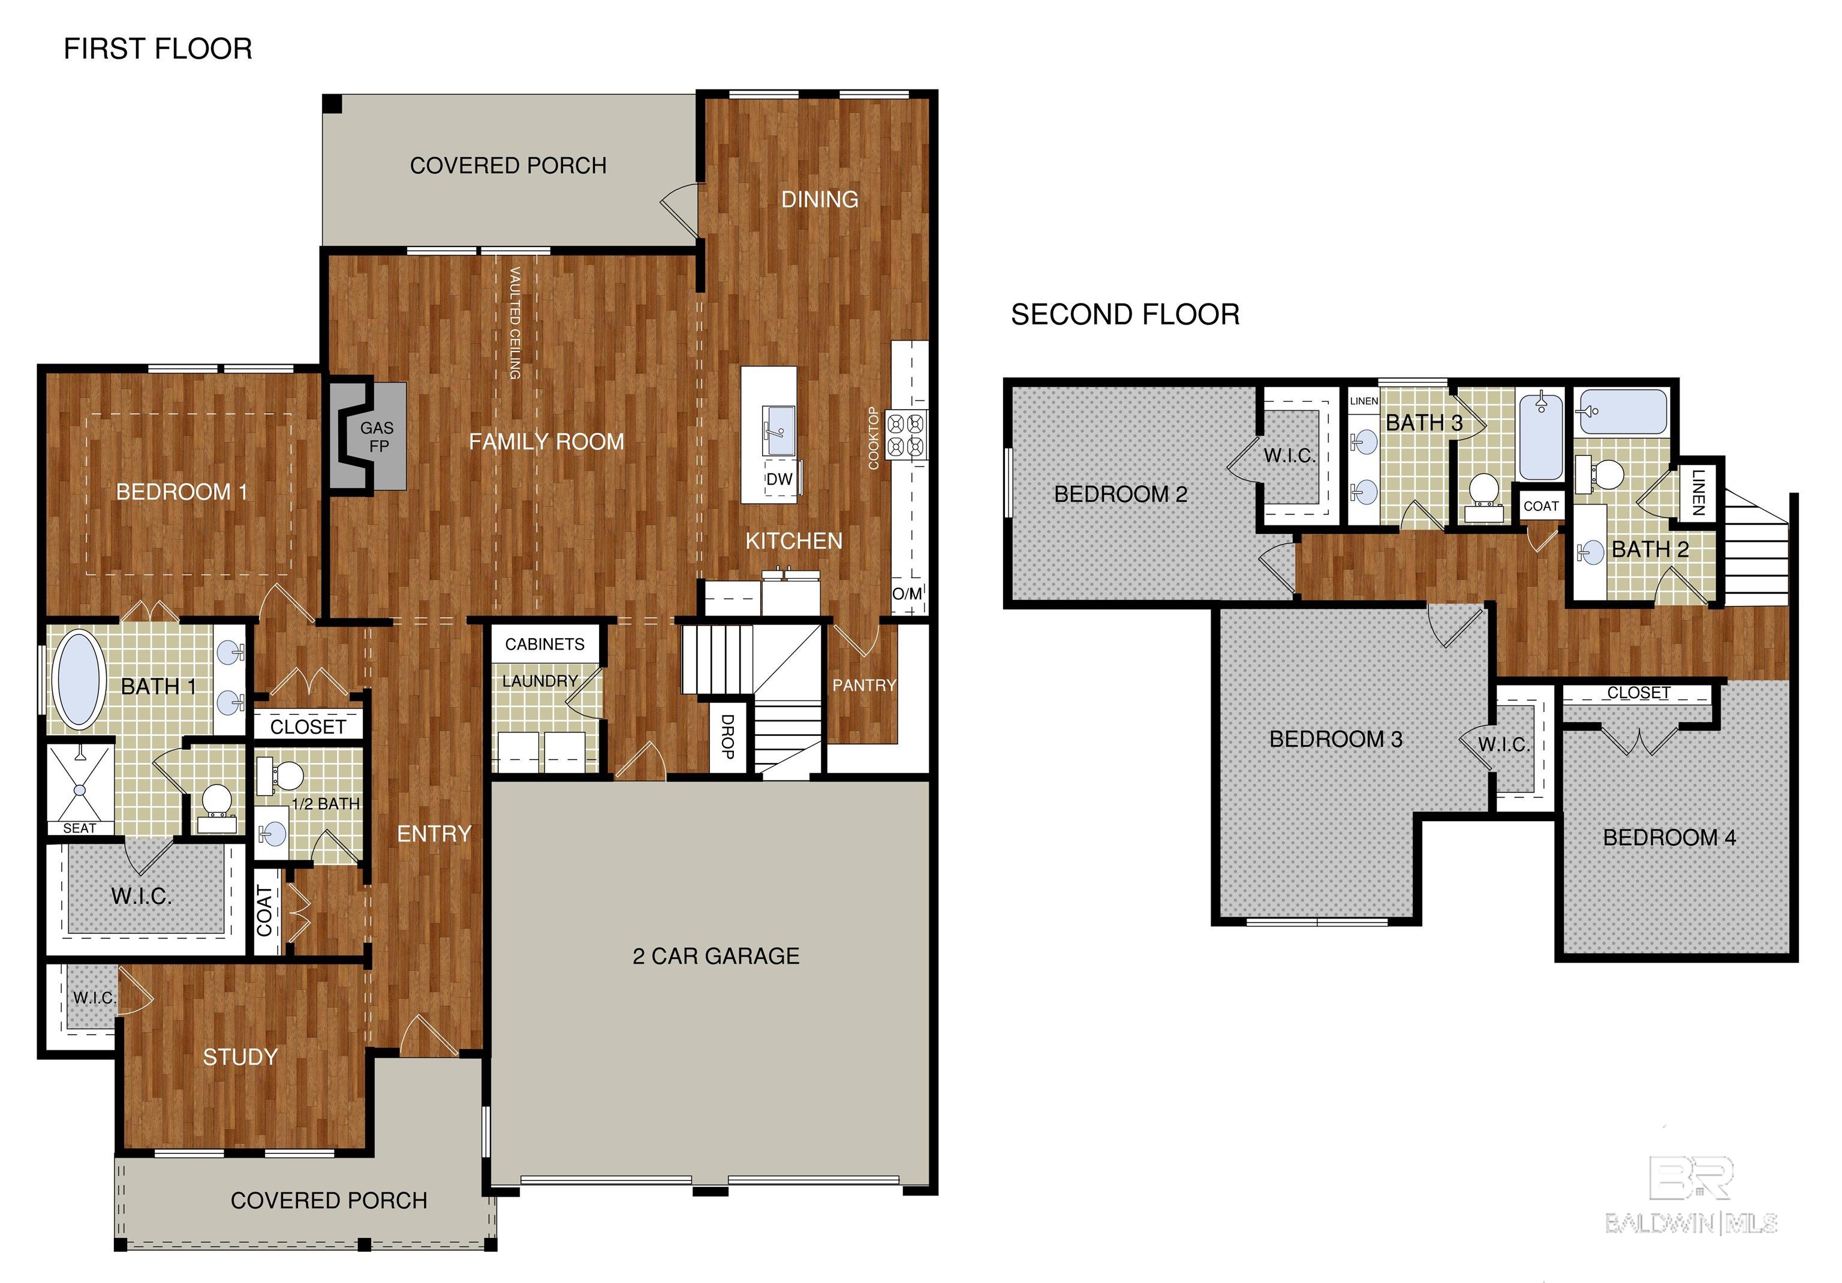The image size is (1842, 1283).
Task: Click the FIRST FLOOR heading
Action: [x=158, y=49]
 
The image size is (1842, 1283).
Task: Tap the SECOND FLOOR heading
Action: [x=1125, y=314]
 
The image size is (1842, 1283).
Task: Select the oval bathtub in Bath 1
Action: [x=79, y=680]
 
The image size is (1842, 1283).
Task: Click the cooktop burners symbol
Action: [x=907, y=435]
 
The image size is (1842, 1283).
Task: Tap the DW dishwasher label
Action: [x=779, y=480]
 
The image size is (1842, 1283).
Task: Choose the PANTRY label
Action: [x=863, y=685]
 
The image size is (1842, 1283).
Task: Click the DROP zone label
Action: [x=727, y=737]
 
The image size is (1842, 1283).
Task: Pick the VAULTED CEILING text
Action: [x=515, y=323]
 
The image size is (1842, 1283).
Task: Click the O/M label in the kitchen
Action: [x=907, y=594]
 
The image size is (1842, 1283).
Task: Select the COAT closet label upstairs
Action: [x=1540, y=506]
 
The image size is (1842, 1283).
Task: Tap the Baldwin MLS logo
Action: [x=1690, y=1195]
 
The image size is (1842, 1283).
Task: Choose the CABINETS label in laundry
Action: [x=544, y=644]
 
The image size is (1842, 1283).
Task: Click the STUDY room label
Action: [x=240, y=1057]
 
